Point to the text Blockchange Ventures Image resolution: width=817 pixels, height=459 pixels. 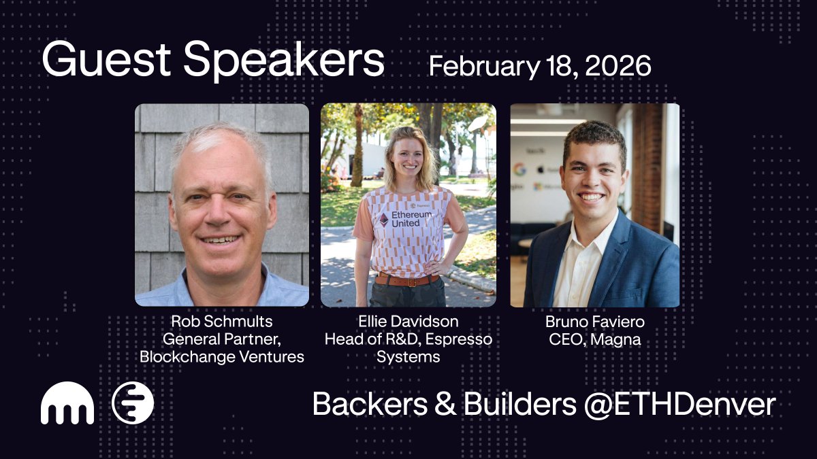222,356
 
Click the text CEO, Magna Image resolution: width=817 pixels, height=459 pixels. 594,339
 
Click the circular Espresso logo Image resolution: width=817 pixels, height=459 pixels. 133,403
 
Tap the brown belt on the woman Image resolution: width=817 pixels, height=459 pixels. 407,280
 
